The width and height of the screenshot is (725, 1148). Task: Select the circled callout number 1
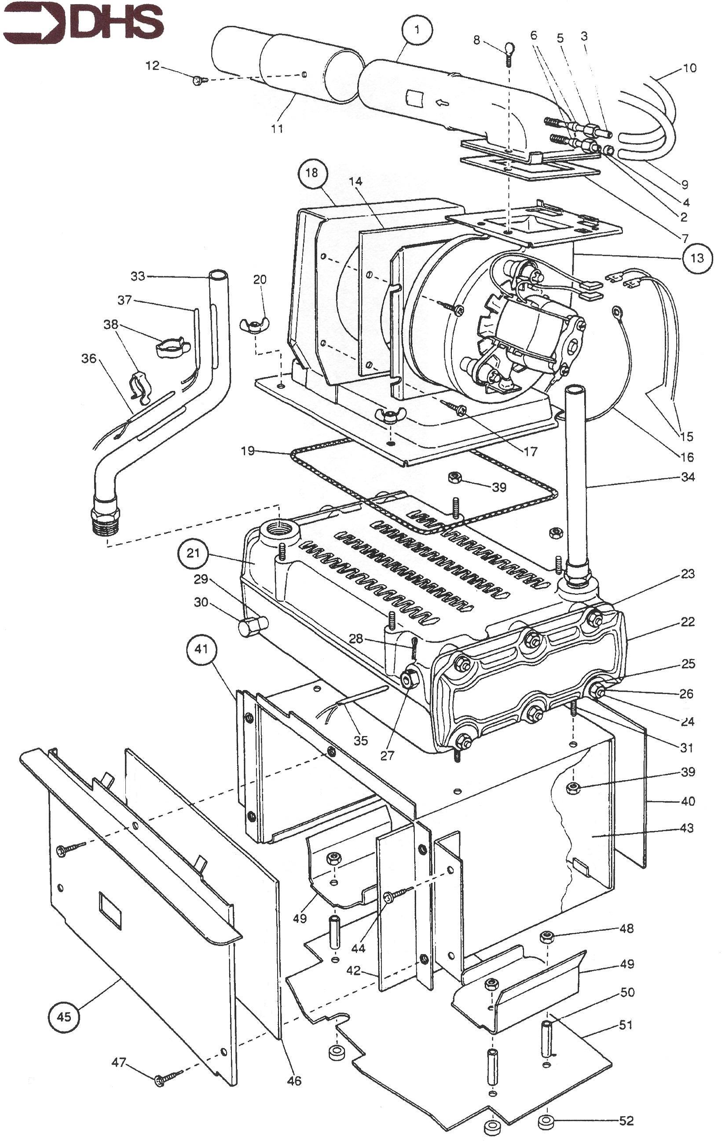[417, 29]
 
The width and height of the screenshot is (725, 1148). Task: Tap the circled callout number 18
[312, 172]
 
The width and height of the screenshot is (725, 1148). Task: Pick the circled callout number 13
[697, 258]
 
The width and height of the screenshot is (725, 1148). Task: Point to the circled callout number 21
[193, 554]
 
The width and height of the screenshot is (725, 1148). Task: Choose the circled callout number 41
[201, 649]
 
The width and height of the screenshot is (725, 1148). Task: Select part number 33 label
[138, 276]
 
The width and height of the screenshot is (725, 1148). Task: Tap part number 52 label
[626, 1120]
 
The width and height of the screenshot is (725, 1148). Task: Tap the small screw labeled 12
[198, 81]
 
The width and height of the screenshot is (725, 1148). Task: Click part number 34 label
[687, 477]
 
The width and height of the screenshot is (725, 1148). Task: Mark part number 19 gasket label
[248, 451]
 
